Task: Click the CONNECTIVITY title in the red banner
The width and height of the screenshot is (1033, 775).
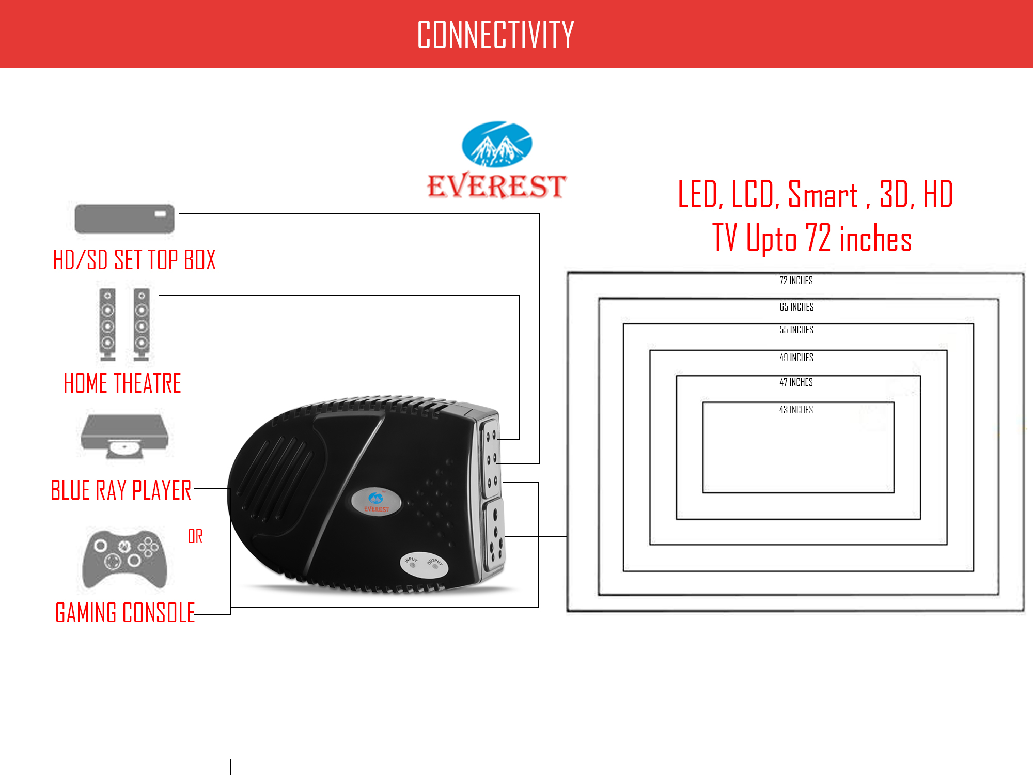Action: point(495,35)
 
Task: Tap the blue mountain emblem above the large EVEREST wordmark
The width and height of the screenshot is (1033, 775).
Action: point(496,144)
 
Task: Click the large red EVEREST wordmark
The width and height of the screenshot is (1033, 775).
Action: point(496,186)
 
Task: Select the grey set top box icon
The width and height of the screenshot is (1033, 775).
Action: point(124,219)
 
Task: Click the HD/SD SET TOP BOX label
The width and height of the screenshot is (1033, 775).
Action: point(134,259)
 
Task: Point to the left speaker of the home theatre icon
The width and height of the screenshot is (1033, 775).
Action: point(107,324)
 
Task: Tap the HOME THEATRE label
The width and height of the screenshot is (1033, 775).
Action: point(122,383)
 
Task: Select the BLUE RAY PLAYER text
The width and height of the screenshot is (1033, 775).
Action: point(121,490)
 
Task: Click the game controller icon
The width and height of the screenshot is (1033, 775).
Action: point(124,558)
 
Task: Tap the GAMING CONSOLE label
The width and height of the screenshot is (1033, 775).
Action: point(125,613)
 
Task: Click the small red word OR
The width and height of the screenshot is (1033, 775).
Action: point(195,536)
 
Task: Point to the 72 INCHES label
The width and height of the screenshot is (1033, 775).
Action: point(796,281)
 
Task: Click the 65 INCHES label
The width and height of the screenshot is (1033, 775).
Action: point(796,307)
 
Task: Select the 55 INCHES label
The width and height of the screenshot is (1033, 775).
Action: point(796,330)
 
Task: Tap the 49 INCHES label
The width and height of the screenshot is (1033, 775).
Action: point(796,358)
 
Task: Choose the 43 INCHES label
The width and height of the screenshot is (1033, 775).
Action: point(796,410)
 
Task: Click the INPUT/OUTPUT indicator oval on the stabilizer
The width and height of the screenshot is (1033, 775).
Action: point(424,564)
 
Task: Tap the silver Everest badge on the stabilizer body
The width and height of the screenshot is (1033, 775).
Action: point(376,501)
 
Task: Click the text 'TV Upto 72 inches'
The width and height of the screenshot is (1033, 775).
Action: point(812,238)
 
